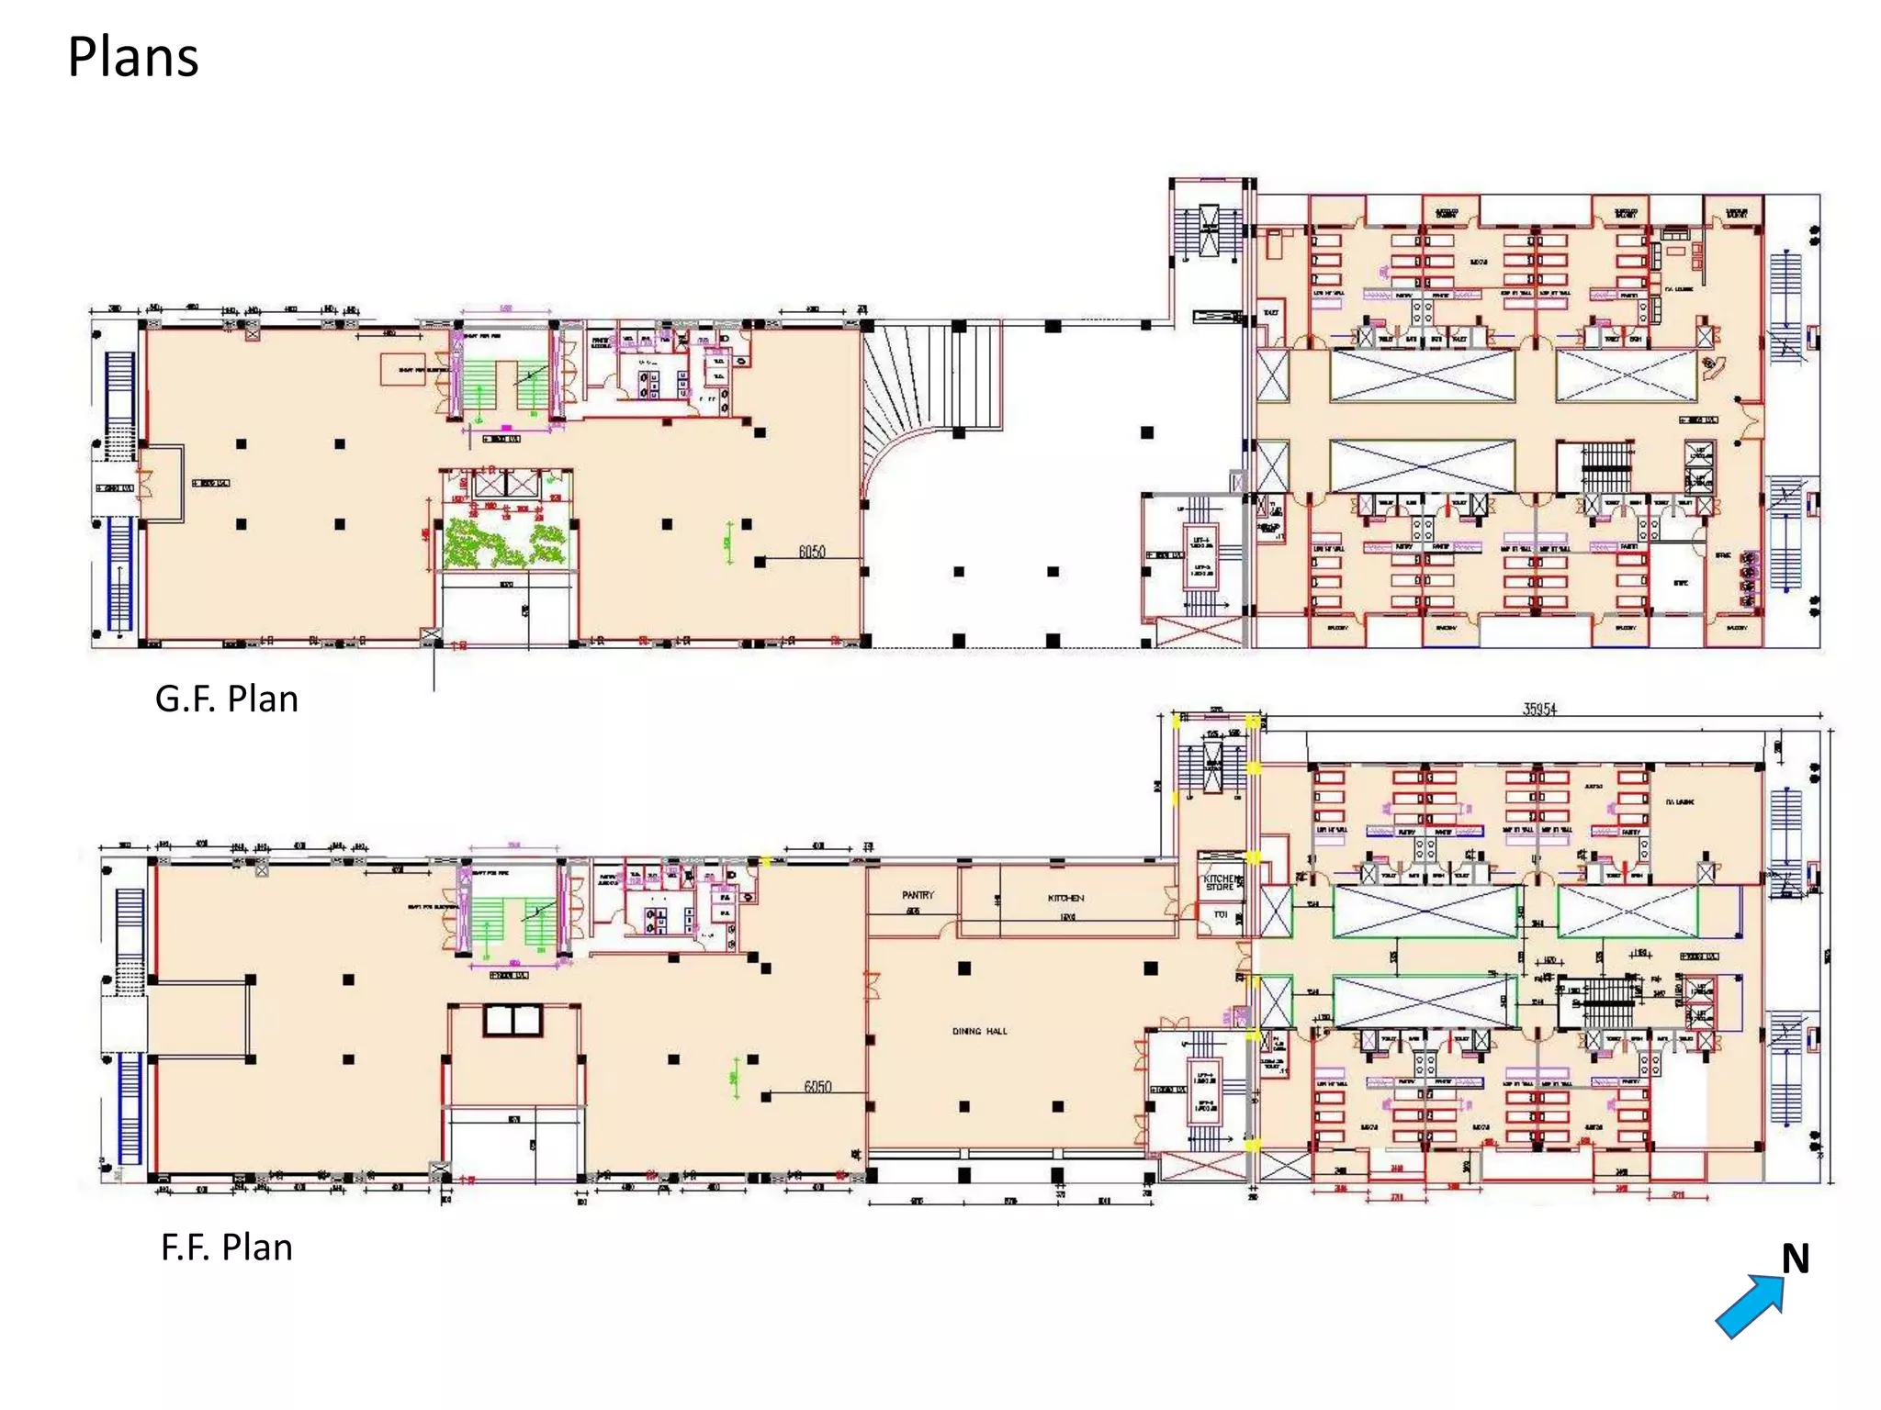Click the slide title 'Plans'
(133, 57)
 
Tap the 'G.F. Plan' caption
(226, 699)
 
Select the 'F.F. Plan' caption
(226, 1248)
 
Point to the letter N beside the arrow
(1796, 1259)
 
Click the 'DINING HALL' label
(979, 1032)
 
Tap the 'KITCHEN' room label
(1065, 898)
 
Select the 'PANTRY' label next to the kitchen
(917, 895)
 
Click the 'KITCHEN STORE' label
(1221, 883)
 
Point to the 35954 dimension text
(1539, 710)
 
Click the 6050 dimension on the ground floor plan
(812, 552)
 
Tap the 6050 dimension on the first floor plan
(817, 1087)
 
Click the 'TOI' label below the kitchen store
(1221, 914)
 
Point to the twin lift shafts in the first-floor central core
(513, 1021)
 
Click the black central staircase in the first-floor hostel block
(1605, 1001)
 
